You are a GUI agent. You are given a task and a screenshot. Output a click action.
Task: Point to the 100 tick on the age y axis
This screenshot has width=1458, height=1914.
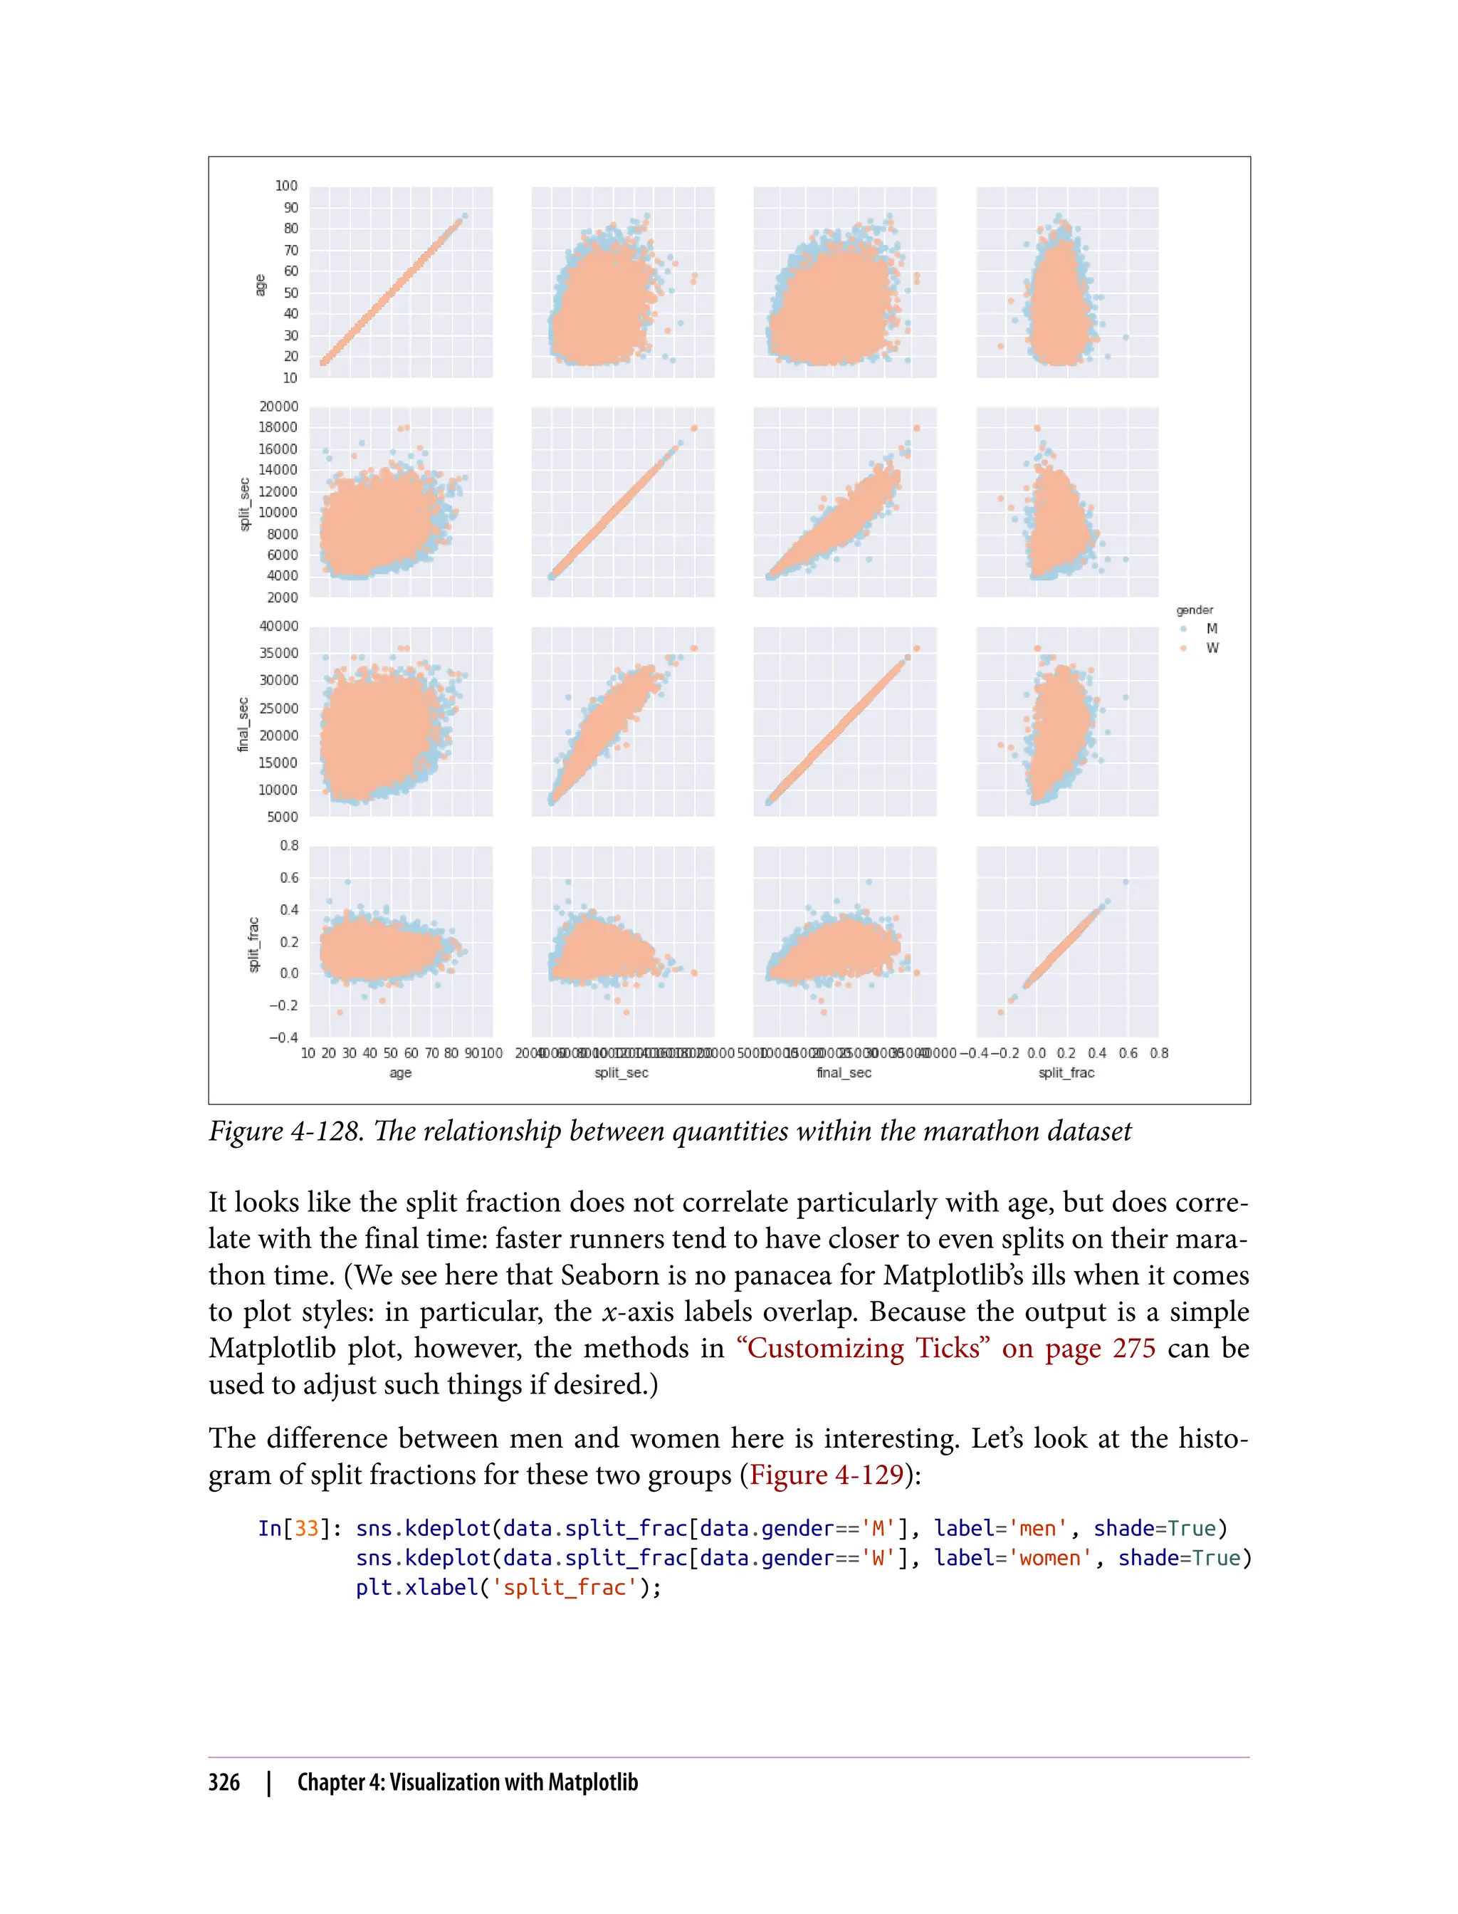tap(286, 186)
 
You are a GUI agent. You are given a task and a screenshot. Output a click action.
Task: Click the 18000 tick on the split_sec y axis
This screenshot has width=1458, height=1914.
tap(278, 427)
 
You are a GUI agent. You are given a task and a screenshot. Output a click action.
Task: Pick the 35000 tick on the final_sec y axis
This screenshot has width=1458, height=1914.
tap(278, 653)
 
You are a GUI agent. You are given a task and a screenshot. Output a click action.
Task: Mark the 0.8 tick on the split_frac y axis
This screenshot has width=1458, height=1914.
tap(289, 845)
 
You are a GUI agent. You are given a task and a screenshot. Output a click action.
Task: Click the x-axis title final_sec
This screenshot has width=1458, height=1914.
tap(844, 1073)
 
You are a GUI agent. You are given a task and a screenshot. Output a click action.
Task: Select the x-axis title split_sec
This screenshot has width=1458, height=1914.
tap(622, 1073)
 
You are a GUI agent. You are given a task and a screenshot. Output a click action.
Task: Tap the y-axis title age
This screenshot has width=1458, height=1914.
tap(259, 285)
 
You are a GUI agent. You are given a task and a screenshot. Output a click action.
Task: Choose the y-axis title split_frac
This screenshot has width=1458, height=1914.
tap(253, 944)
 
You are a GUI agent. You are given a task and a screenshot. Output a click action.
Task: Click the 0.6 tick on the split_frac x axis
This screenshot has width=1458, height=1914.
tap(1128, 1053)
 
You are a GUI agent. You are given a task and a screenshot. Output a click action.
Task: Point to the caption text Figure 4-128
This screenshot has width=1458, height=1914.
tap(285, 1132)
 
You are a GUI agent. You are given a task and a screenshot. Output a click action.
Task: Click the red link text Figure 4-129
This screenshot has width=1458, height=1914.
tap(827, 1475)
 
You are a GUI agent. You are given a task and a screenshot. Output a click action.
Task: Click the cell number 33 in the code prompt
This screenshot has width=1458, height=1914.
tap(306, 1529)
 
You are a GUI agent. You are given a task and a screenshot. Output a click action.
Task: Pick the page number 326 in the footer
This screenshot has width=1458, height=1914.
tap(224, 1782)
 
